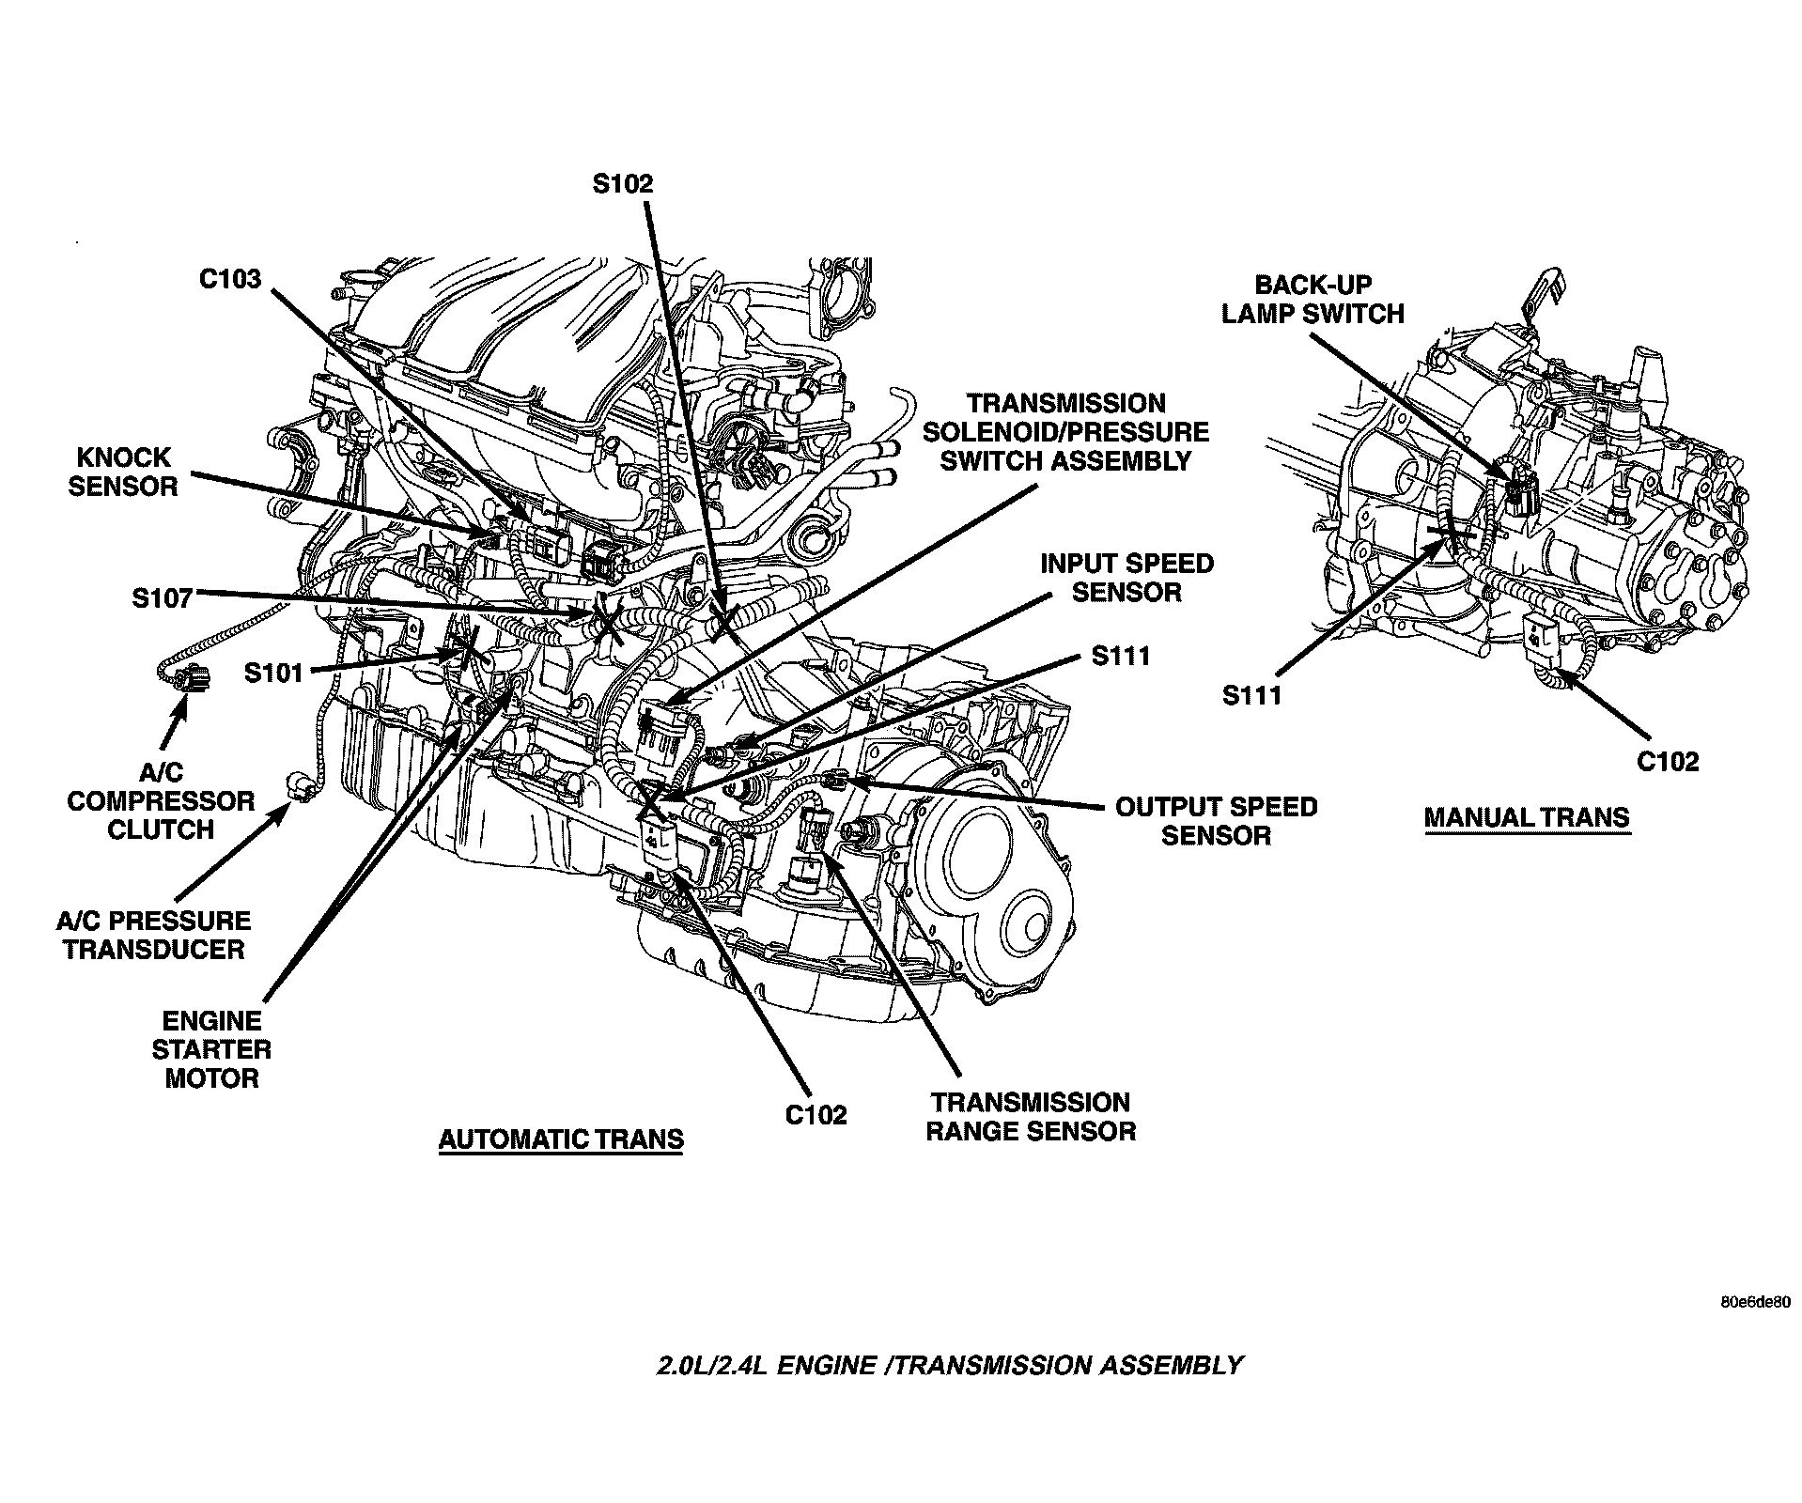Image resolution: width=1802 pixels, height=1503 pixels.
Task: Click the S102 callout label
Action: [622, 183]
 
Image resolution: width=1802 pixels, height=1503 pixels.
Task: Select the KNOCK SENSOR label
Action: [123, 472]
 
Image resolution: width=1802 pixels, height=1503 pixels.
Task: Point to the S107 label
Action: [163, 597]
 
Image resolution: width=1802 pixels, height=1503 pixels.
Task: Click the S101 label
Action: [273, 673]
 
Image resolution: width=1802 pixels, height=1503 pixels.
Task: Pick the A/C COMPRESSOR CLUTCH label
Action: [161, 801]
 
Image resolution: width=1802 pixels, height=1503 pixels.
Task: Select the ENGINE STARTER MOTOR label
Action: [211, 1049]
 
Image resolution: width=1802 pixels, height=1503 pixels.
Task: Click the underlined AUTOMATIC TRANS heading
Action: [561, 1139]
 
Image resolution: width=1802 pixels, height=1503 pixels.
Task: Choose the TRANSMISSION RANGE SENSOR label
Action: [1031, 1116]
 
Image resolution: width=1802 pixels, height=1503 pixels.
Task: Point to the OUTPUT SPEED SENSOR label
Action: [1216, 821]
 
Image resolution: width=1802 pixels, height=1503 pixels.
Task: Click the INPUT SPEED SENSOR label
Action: [1126, 578]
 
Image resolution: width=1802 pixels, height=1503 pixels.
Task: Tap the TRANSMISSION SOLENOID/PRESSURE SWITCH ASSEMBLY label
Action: [1065, 432]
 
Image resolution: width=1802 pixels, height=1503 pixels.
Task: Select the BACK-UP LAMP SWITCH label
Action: [1313, 299]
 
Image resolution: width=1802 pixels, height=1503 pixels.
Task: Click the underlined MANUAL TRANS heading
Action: [1527, 817]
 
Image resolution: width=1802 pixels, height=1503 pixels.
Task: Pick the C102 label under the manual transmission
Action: [1668, 761]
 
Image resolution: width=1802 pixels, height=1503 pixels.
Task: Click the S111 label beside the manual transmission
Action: [1252, 695]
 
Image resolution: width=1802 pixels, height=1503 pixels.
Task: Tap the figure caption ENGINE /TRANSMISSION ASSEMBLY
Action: [949, 1365]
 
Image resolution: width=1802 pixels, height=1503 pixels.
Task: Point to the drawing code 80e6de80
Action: [1755, 1303]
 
